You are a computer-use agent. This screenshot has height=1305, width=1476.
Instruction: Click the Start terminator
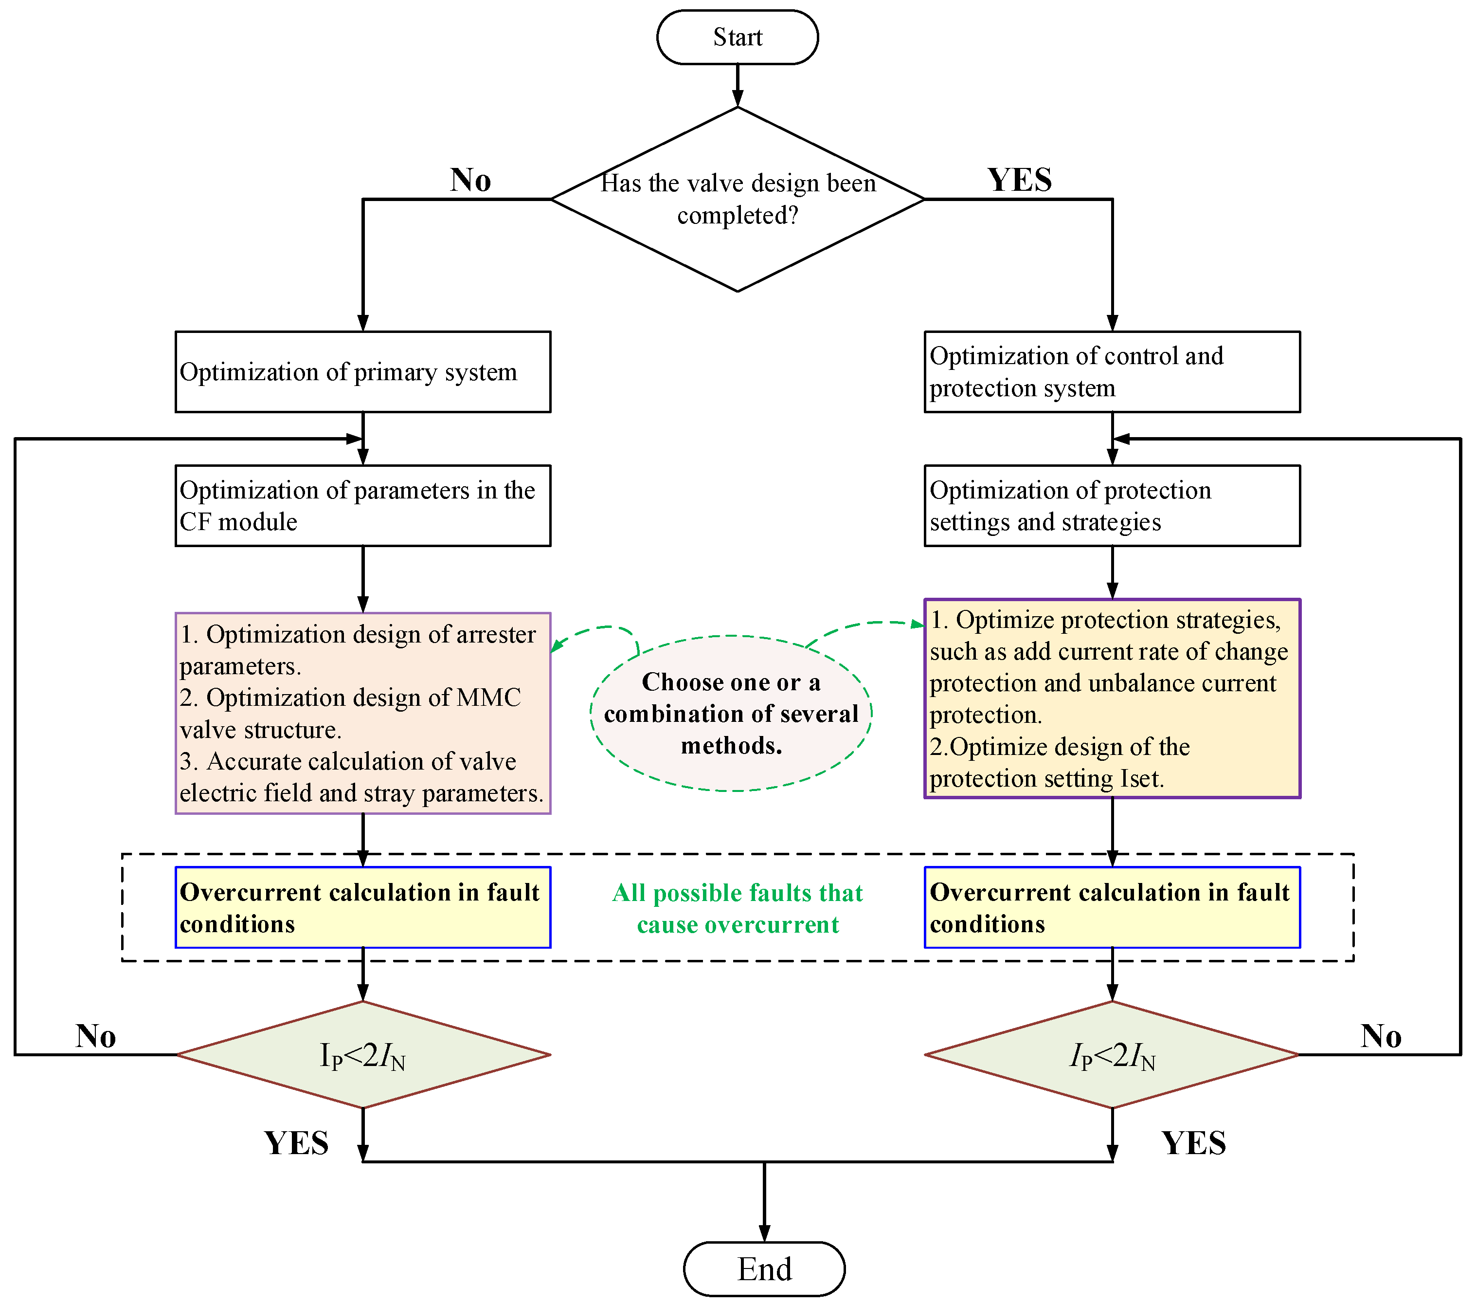point(738,37)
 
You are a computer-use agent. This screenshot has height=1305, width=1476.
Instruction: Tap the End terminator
point(764,1269)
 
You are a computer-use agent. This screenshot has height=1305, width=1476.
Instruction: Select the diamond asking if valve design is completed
point(738,200)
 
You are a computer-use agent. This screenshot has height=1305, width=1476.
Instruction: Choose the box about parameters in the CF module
point(362,506)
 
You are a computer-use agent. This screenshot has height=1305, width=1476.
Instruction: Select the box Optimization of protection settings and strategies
point(1112,506)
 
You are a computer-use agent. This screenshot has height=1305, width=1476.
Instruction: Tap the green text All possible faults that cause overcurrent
point(738,908)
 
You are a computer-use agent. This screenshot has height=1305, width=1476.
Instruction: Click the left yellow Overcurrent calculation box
point(362,908)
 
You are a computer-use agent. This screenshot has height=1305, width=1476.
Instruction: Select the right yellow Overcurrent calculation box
point(1112,908)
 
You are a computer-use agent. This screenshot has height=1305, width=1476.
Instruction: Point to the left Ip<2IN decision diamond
point(362,1055)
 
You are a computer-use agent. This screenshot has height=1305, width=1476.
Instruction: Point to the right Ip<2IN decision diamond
point(1112,1055)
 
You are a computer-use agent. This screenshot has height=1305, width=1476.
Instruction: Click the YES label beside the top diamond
point(1019,180)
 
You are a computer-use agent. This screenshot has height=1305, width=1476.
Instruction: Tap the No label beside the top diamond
point(470,180)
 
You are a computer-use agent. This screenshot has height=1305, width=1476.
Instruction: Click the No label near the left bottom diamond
point(95,1036)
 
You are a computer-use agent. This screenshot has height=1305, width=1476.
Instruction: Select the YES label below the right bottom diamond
point(1193,1143)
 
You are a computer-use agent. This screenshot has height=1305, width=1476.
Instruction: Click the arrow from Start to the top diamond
point(738,85)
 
